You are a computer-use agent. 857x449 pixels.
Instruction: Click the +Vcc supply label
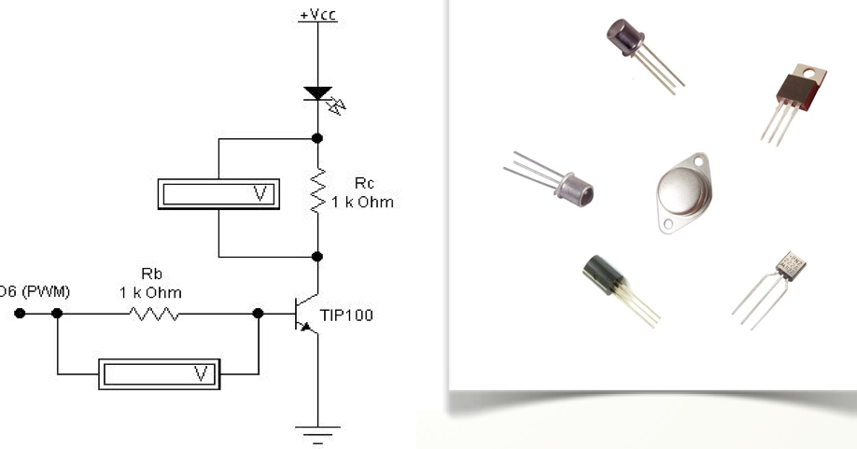[x=317, y=16]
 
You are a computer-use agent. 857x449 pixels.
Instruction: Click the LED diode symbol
[x=317, y=94]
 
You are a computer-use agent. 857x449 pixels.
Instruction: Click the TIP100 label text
[x=345, y=316]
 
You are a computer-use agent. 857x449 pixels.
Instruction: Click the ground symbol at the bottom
[x=318, y=431]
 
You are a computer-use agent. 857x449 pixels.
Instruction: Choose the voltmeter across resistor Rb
[x=158, y=374]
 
